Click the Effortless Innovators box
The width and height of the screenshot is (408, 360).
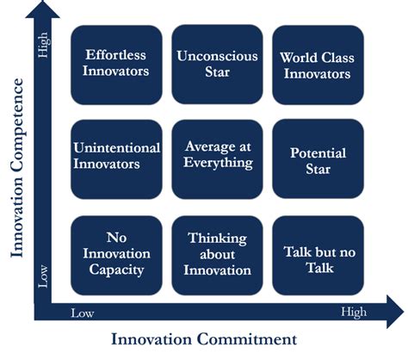pos(115,64)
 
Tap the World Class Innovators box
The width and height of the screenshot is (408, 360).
pos(315,65)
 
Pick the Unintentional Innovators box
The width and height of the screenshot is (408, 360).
pos(115,156)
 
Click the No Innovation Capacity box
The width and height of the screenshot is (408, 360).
pos(115,252)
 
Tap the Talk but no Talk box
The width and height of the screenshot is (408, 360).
pos(315,252)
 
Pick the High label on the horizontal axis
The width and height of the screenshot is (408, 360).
pos(355,312)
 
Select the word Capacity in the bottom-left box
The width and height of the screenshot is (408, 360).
pos(115,270)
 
